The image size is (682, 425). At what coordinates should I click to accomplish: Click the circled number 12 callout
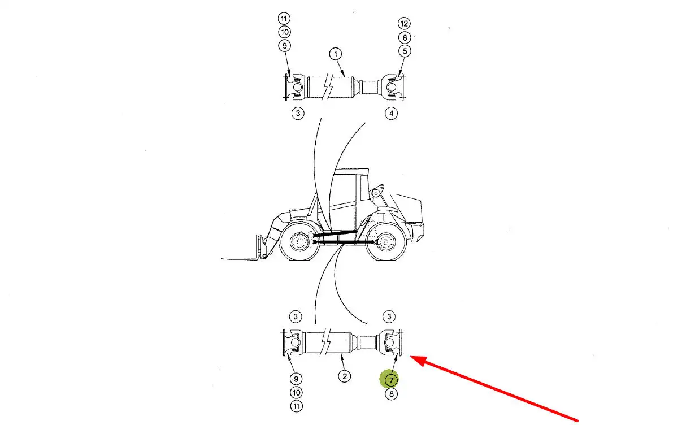(404, 23)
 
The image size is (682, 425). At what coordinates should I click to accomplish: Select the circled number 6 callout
(405, 37)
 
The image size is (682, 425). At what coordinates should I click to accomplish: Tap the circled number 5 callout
(405, 51)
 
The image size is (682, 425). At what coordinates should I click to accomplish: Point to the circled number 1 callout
(336, 54)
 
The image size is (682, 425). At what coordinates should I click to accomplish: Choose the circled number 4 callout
(391, 114)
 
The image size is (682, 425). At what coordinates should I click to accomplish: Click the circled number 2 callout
(344, 376)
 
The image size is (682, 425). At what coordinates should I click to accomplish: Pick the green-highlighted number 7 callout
(391, 380)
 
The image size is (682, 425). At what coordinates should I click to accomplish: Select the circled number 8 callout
(391, 394)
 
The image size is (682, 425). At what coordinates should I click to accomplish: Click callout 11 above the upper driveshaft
(284, 19)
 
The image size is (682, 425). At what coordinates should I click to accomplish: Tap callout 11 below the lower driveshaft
(296, 406)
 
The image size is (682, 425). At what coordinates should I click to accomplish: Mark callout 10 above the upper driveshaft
(284, 32)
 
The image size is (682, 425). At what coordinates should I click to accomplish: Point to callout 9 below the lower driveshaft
(296, 379)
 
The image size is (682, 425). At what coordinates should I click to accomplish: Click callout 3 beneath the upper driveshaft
(298, 113)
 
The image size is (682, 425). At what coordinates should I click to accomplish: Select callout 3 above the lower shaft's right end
(389, 316)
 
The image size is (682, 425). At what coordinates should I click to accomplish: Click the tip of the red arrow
(410, 356)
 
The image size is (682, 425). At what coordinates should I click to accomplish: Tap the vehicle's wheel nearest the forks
(299, 242)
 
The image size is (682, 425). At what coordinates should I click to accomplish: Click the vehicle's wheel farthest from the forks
(386, 242)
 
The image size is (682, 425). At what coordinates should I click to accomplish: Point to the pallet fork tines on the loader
(241, 259)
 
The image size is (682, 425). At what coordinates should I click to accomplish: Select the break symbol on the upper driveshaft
(328, 87)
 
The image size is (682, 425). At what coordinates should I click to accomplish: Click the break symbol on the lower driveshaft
(326, 342)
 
